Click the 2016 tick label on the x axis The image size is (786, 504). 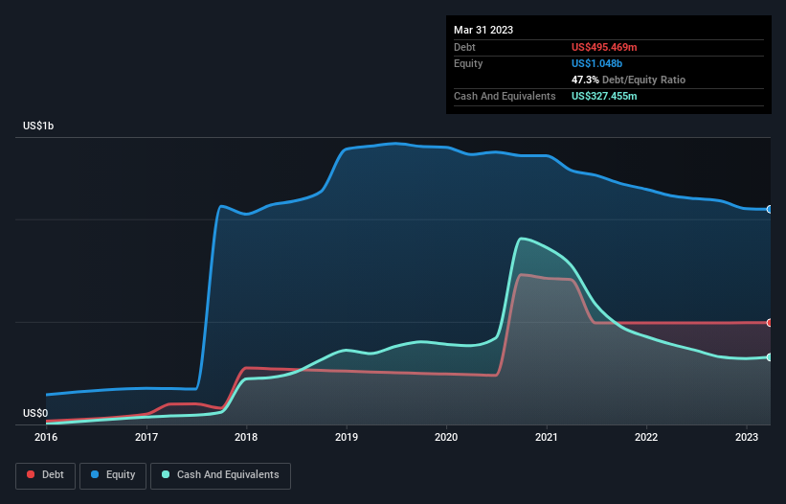(46, 437)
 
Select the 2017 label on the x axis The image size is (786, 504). (146, 437)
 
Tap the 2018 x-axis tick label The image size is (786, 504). (246, 437)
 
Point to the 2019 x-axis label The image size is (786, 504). (347, 437)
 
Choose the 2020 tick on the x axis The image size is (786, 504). (446, 437)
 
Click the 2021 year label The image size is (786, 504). (547, 437)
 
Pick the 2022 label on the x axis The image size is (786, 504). (646, 437)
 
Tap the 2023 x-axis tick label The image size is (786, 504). (747, 437)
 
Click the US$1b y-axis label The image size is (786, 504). (38, 126)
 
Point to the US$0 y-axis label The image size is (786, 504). (34, 413)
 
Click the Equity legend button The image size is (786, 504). (113, 475)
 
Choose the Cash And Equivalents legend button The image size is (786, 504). (220, 475)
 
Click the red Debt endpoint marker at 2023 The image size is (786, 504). (769, 323)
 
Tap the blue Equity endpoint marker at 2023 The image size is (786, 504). (769, 209)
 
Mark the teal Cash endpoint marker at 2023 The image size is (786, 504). (769, 357)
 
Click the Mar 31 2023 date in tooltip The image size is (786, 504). (483, 30)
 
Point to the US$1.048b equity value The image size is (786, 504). (598, 63)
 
